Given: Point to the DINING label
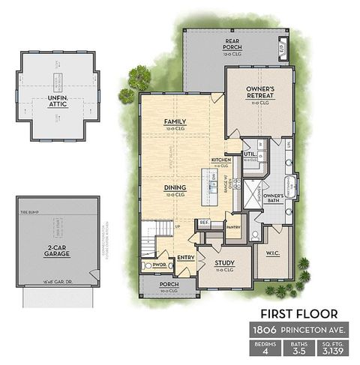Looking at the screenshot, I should point(175,189).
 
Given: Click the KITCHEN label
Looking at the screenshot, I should point(221,160).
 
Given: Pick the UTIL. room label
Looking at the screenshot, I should point(249,155).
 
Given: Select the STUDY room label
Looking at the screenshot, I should point(224,263).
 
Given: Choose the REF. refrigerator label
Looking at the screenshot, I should point(204,223).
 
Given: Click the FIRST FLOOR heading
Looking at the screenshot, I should point(298,313).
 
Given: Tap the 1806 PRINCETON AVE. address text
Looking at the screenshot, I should point(298,330).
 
